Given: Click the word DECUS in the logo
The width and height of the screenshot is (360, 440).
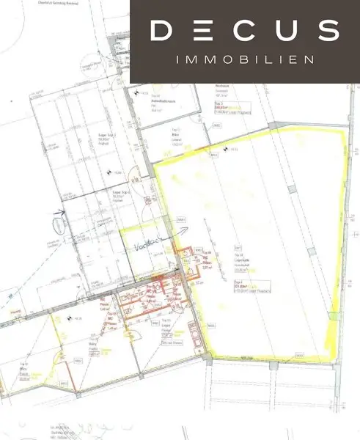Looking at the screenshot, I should tap(245, 31).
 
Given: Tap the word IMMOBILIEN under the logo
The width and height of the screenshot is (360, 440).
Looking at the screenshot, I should tap(245, 59).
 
